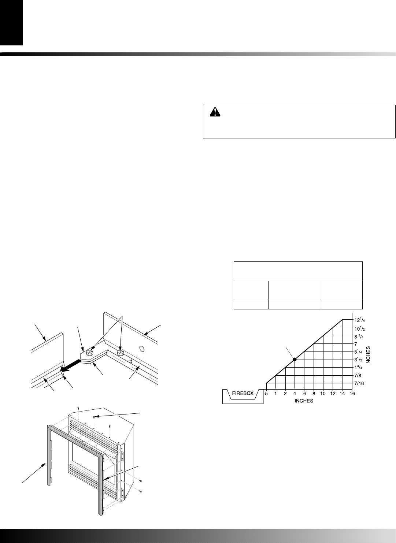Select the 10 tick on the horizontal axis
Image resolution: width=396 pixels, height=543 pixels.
click(x=323, y=394)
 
